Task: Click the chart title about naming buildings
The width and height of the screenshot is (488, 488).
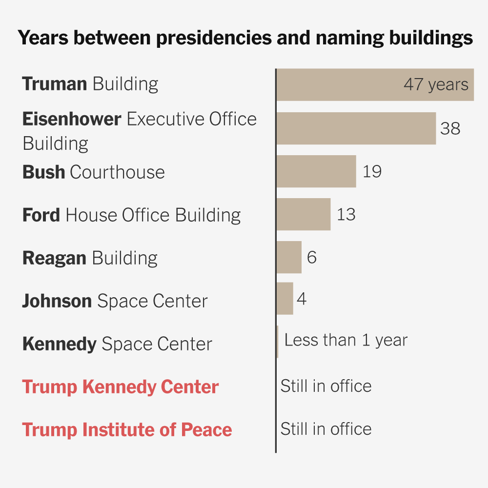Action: [x=245, y=38]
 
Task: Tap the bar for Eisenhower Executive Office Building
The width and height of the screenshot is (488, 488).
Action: [x=356, y=128]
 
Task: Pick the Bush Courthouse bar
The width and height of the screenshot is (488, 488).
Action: [x=316, y=171]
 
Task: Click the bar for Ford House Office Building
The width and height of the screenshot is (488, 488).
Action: [x=303, y=214]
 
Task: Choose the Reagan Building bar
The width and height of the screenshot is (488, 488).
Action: [x=289, y=257]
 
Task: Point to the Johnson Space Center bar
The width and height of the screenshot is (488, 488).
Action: [x=285, y=299]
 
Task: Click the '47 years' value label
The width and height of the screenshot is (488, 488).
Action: [x=436, y=85]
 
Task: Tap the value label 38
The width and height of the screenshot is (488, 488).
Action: [x=450, y=128]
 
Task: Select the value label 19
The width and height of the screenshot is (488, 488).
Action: [x=372, y=171]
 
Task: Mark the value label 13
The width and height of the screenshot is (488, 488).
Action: [x=346, y=214]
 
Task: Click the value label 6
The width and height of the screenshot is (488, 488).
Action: [x=312, y=257]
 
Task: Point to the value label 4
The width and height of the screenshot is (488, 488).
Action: [x=302, y=299]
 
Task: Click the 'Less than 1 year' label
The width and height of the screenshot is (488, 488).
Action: [x=346, y=340]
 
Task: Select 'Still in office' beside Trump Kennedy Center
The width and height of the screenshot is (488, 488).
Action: [x=325, y=386]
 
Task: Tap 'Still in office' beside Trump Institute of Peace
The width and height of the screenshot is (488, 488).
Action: [x=325, y=429]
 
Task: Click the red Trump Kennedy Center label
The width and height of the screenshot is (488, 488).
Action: [x=121, y=387]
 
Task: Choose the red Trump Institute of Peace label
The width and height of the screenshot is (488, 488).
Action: [x=127, y=430]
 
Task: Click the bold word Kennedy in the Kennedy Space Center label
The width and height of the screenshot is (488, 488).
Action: [x=59, y=344]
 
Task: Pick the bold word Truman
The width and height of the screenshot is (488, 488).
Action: [x=54, y=84]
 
